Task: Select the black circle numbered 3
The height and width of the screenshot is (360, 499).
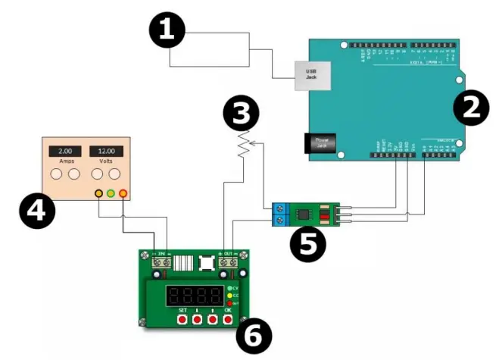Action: point(242,115)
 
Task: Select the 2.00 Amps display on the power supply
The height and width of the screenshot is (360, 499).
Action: point(65,152)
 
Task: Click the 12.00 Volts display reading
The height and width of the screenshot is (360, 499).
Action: point(105,152)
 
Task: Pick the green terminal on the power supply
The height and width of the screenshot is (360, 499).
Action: point(111,194)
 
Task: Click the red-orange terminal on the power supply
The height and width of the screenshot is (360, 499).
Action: point(123,194)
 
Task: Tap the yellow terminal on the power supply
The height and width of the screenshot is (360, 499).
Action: point(98,194)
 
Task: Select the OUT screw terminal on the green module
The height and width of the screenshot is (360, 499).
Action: point(228,262)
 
